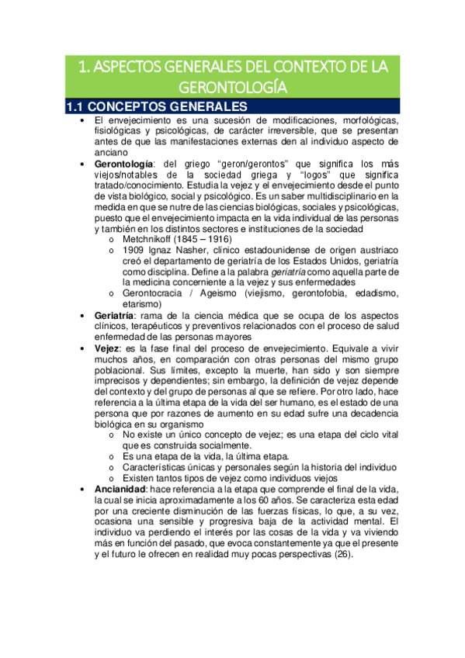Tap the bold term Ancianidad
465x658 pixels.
pyautogui.click(x=123, y=488)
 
